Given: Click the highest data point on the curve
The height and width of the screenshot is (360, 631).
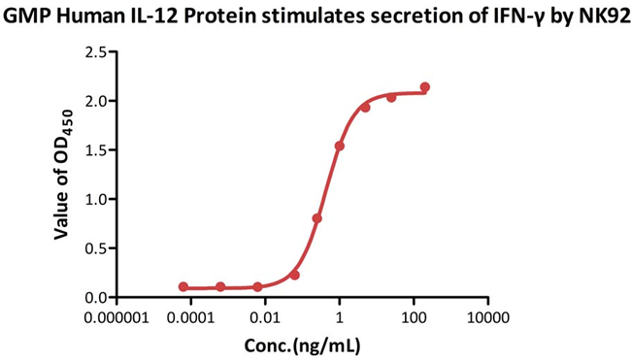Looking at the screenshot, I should [x=425, y=87].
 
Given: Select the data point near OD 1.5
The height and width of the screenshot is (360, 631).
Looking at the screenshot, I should [x=339, y=147].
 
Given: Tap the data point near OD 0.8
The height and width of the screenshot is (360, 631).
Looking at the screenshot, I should [x=317, y=218].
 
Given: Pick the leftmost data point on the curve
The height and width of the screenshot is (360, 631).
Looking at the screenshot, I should [x=183, y=287].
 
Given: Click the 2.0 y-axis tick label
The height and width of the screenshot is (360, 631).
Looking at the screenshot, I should [x=94, y=101].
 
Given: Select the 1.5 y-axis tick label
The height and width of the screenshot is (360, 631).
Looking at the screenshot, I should [x=94, y=150].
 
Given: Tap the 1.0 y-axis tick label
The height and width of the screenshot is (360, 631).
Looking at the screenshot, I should [x=94, y=199].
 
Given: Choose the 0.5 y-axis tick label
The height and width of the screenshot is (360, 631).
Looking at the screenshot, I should [x=94, y=248].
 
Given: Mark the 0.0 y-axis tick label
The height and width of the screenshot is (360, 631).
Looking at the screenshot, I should [x=94, y=298].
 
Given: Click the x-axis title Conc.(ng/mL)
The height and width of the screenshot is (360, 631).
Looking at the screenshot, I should [x=302, y=344].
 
